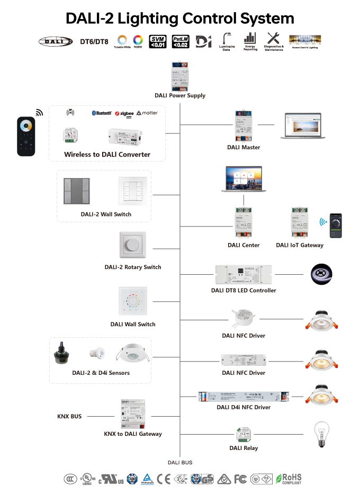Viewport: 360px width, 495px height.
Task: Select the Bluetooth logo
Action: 102,113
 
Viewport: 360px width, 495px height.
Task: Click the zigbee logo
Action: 124,113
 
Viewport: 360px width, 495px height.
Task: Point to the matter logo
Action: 147,113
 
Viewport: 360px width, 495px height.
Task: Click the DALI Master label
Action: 244,147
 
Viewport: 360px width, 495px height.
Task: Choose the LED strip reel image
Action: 322,274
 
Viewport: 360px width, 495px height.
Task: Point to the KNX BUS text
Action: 69,417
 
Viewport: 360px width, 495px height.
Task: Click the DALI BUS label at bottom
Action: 180,463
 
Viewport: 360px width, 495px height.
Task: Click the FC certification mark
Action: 240,479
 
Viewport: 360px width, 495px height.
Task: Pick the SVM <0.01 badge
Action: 158,41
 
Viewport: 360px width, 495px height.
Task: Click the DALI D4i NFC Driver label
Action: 244,407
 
